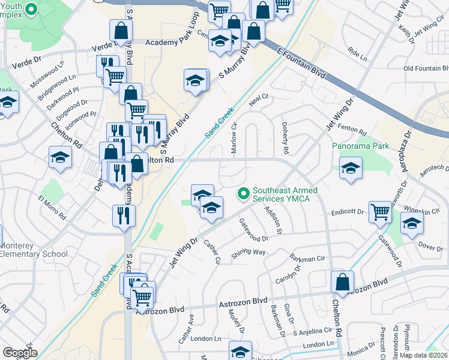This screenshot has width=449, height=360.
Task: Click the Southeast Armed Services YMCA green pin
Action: (243, 194)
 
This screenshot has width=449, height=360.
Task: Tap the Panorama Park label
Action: (360, 146)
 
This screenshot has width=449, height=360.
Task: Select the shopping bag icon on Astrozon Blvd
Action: (342, 283)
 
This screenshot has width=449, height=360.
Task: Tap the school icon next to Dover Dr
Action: (411, 224)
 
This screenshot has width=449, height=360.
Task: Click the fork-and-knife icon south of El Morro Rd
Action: (124, 215)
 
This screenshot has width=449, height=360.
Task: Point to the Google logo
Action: (20, 352)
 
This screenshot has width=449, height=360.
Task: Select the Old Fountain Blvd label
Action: (426, 68)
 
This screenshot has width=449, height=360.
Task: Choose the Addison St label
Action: (276, 220)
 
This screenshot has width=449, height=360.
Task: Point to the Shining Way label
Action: (248, 253)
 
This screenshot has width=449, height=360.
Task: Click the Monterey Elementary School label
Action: (34, 250)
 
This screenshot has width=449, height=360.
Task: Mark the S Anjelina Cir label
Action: (312, 331)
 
